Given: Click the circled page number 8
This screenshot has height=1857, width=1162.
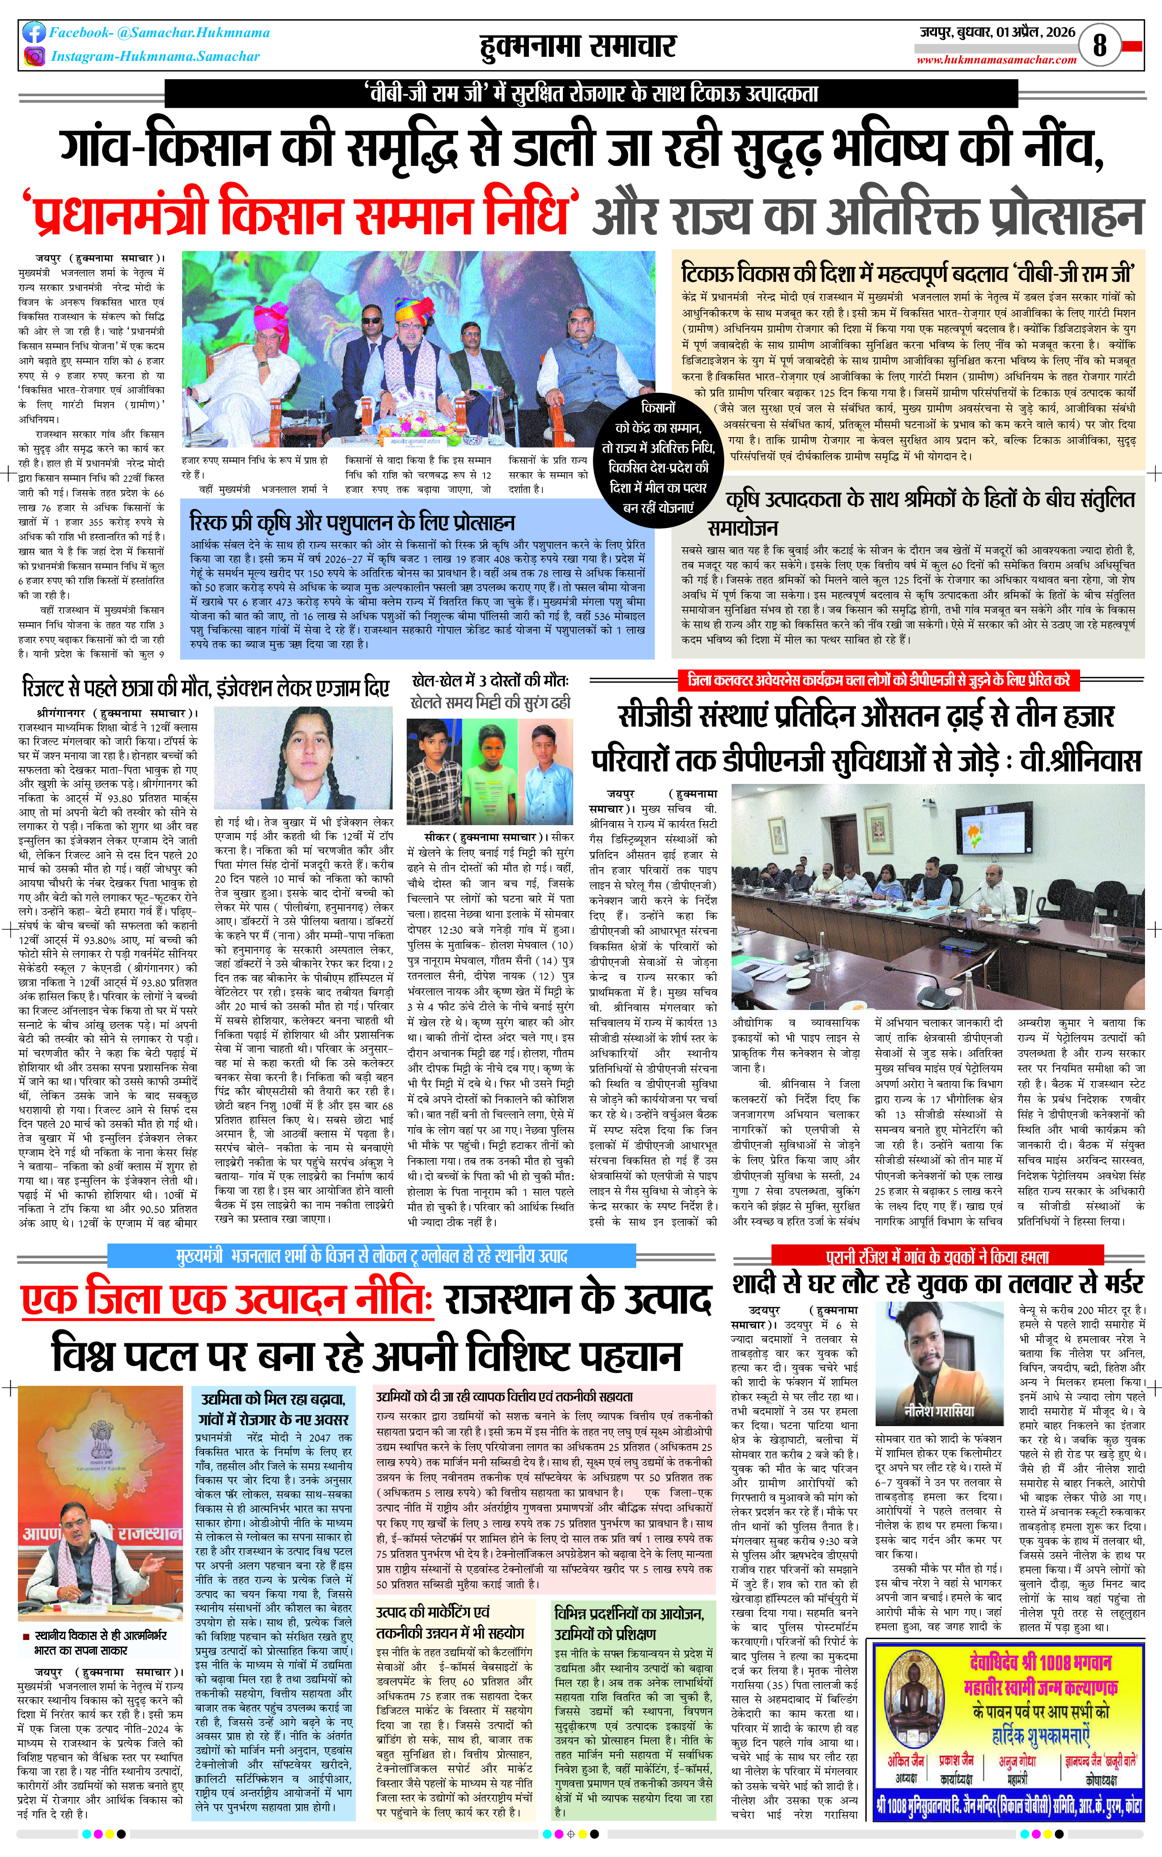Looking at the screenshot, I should pyautogui.click(x=1100, y=45).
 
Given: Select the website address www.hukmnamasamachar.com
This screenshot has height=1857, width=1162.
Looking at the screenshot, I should pyautogui.click(x=996, y=60).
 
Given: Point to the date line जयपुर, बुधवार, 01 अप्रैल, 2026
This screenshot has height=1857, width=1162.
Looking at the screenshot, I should pyautogui.click(x=997, y=32).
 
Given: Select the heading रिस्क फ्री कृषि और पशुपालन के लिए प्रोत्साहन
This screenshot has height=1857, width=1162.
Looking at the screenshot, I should pyautogui.click(x=352, y=523).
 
